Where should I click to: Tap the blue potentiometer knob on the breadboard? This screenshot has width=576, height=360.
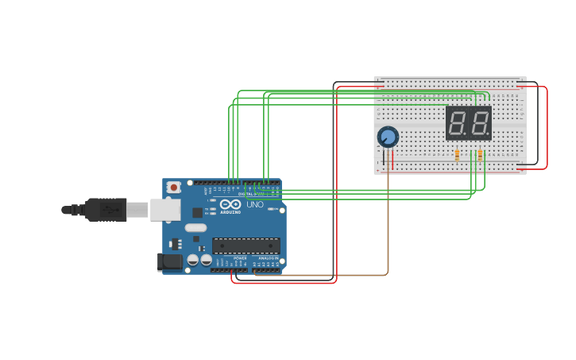pos(388,137)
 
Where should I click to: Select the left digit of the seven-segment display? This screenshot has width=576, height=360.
pos(458,123)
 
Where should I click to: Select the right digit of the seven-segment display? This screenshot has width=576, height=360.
pos(479,123)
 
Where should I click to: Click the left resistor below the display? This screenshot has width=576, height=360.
pos(457,155)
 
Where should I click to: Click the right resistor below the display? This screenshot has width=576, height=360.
pos(480,155)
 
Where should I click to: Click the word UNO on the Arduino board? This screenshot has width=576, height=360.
pos(255,204)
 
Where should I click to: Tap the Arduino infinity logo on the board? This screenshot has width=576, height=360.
pos(230,204)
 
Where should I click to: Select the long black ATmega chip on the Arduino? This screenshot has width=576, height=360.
pos(245,246)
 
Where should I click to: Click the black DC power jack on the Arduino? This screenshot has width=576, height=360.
pos(169,261)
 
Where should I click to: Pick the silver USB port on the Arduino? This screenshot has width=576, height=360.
pos(164,209)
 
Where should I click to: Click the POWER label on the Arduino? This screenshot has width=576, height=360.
pos(240,257)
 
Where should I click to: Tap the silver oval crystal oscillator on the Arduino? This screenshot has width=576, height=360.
pos(195,228)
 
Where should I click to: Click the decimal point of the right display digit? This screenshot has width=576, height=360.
pos(489,134)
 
